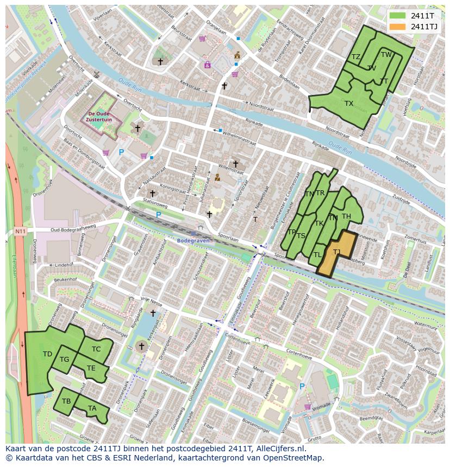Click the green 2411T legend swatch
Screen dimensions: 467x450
click(398, 16)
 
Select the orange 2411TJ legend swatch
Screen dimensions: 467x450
click(398, 27)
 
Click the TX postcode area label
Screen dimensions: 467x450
click(348, 104)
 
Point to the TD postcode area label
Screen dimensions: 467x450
click(47, 354)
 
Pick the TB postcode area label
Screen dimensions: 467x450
click(66, 401)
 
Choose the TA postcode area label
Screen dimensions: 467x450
click(92, 408)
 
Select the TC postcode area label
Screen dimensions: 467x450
click(96, 349)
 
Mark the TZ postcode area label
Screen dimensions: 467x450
click(355, 57)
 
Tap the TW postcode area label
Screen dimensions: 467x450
click(386, 55)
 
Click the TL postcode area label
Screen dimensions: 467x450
click(317, 254)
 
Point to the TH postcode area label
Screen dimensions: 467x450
click(346, 217)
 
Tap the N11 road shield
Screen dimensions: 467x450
click(20, 232)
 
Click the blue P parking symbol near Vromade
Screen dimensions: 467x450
click(302, 386)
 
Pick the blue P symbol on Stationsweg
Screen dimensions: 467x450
click(159, 215)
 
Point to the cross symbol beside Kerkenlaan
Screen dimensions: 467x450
click(153, 313)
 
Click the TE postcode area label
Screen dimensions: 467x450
click(91, 368)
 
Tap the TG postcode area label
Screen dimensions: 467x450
click(64, 360)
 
